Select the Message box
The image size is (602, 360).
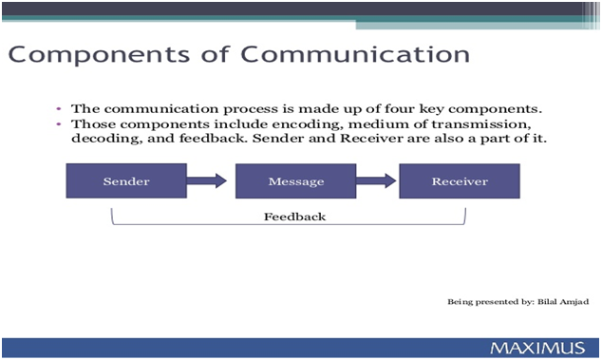pyautogui.click(x=295, y=180)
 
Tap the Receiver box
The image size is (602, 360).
pyautogui.click(x=459, y=180)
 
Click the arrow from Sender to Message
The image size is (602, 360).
pyautogui.click(x=207, y=180)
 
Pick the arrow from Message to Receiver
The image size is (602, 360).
pyautogui.click(x=376, y=180)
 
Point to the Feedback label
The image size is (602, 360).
pyautogui.click(x=294, y=217)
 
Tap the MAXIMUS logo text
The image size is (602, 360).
pyautogui.click(x=537, y=348)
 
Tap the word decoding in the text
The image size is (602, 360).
pyautogui.click(x=103, y=140)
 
